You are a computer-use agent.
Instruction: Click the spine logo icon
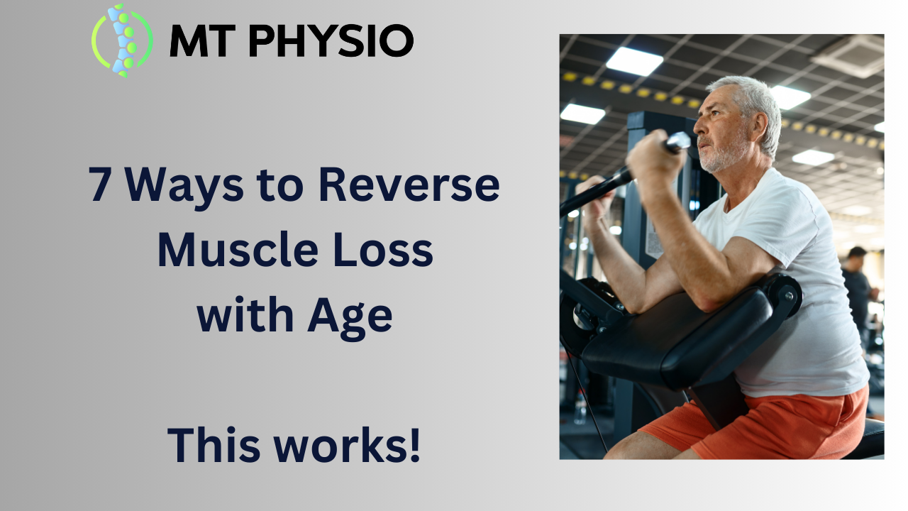coord(122,40)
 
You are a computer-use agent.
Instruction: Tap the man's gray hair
coord(752,96)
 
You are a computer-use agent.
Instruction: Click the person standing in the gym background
coord(858,284)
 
